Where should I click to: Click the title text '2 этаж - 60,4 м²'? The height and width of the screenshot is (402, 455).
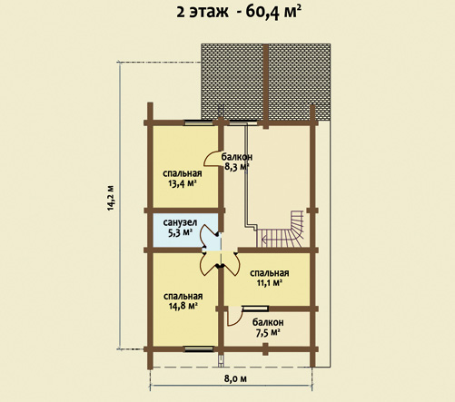(x=239, y=13)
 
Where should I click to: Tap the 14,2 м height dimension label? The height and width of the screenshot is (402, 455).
(x=111, y=198)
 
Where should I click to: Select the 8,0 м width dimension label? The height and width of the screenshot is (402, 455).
(x=236, y=378)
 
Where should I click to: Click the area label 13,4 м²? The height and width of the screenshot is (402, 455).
(x=183, y=183)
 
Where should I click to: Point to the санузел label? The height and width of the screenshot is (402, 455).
(x=180, y=223)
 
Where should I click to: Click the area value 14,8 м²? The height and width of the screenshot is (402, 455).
(x=183, y=306)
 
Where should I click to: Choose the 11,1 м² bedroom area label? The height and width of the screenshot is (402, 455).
(x=270, y=283)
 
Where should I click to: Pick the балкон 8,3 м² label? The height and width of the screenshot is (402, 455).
(x=237, y=162)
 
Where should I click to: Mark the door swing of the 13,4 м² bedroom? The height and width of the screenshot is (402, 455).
(x=212, y=158)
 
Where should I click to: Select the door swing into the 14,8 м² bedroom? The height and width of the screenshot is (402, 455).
(x=208, y=262)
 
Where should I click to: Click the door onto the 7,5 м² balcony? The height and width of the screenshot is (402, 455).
(x=234, y=316)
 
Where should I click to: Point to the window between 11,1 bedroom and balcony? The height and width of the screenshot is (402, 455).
(x=255, y=309)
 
